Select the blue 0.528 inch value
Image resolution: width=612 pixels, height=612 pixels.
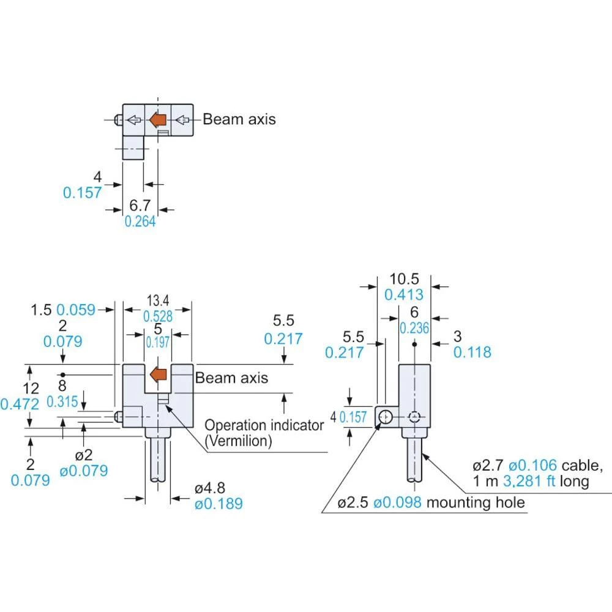[x=158, y=316]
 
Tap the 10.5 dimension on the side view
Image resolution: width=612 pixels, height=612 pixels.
[x=404, y=279]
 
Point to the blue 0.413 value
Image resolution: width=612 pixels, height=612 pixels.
[x=404, y=295]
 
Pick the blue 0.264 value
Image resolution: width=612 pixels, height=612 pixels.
[x=140, y=222]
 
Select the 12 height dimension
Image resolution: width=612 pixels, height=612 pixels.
[x=31, y=388]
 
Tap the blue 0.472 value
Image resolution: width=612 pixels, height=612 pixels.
[x=20, y=404]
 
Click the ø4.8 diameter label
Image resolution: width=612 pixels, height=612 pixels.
[x=210, y=488]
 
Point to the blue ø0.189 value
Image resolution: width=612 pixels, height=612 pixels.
[x=218, y=504]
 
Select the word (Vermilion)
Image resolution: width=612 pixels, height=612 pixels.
[x=237, y=441]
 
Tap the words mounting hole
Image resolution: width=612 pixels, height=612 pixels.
[x=476, y=503]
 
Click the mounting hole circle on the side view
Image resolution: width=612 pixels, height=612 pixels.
[x=386, y=417]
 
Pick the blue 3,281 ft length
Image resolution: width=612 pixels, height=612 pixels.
[x=529, y=482]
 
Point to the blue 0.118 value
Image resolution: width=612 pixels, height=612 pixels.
[x=472, y=353]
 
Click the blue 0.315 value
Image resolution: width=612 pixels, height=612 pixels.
[x=63, y=401]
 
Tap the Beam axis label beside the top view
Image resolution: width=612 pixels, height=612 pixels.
[x=239, y=119]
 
